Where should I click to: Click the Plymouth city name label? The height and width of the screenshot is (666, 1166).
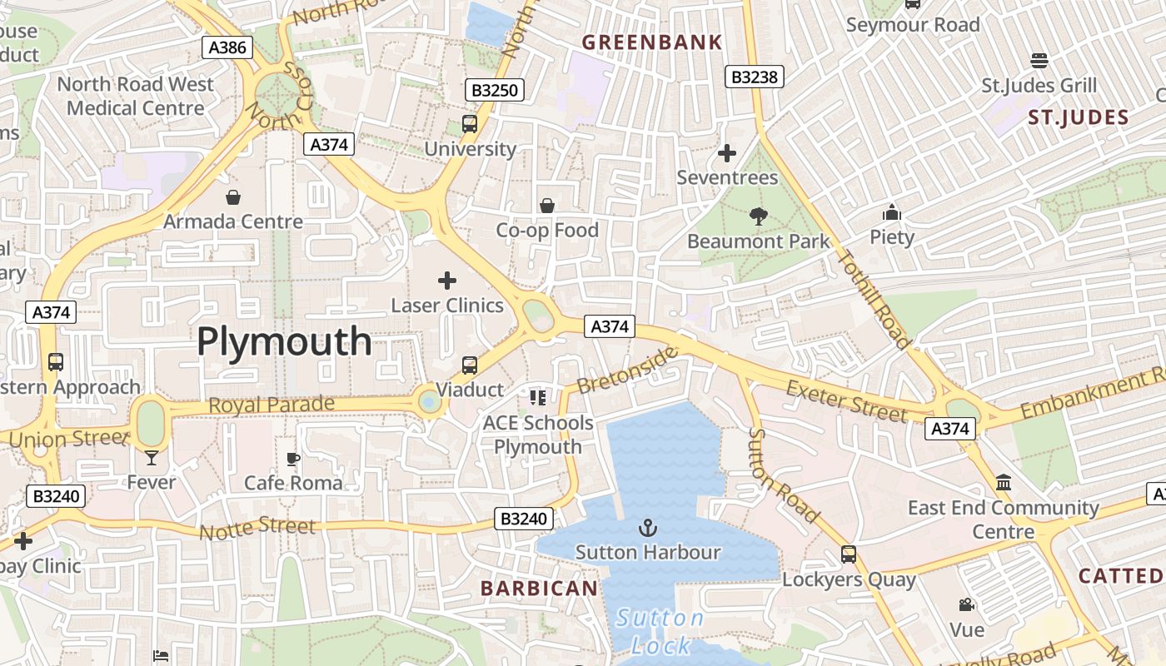(284, 341)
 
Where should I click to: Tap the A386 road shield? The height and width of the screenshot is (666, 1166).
(227, 47)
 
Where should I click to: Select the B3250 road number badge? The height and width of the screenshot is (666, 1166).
(495, 90)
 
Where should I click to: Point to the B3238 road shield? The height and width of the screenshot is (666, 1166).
(754, 77)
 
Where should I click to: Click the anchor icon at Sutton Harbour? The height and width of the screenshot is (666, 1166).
(647, 527)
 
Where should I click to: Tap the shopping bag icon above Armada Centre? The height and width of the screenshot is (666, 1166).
(233, 197)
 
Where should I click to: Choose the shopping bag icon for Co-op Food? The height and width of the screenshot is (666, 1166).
(547, 206)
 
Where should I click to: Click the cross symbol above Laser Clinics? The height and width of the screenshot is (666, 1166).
(447, 281)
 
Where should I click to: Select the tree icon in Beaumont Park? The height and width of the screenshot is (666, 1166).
(758, 216)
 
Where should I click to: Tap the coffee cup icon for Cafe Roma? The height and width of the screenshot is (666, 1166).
(293, 459)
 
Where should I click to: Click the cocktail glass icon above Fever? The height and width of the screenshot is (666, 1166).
(152, 457)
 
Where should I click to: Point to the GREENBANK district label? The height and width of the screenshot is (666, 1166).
(651, 42)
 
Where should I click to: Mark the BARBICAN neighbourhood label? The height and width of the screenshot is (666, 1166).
(539, 589)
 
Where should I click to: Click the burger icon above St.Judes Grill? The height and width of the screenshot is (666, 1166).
(1039, 61)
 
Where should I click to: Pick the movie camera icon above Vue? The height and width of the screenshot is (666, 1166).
(966, 605)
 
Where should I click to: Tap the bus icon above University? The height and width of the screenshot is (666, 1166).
(470, 125)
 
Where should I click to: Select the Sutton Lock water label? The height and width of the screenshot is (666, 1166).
(660, 631)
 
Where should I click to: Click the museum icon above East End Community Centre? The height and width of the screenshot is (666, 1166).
(1004, 483)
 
